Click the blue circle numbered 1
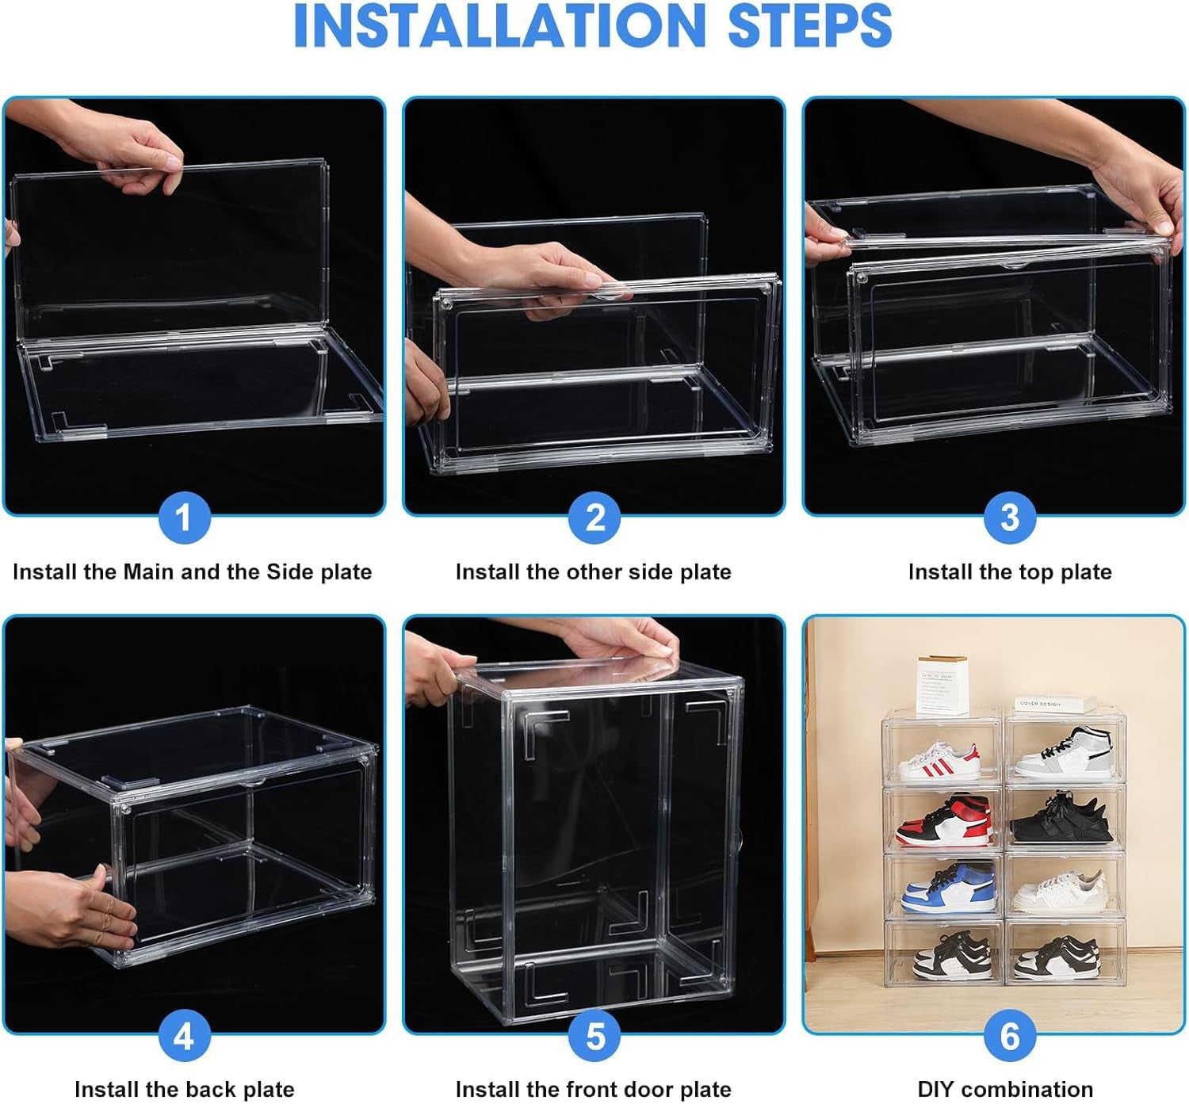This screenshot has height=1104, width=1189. coord(184,518)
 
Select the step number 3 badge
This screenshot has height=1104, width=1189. coord(1009,518)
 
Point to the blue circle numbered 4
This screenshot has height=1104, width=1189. coord(184,1036)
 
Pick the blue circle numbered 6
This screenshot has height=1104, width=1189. coord(1009,1036)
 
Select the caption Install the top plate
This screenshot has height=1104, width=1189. coord(1009,571)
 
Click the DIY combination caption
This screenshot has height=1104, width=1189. coord(1005,1089)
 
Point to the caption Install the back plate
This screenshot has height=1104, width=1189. coord(184,1089)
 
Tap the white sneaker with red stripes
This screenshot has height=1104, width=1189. coord(939,762)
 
